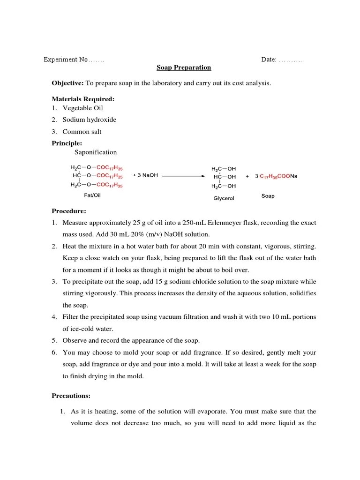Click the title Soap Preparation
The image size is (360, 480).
pos(184,67)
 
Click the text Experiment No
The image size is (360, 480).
pos(66,60)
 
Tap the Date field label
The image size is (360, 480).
pos(269,60)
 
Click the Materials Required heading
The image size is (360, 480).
pos(82,99)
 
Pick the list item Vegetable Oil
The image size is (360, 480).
pos(83,108)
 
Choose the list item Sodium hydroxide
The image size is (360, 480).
pos(90,120)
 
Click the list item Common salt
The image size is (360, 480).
pos(82,132)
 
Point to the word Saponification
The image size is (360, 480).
pos(96,152)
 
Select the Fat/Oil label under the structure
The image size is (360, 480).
pos(92,195)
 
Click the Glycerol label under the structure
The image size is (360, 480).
pos(224,198)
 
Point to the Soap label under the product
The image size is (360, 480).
pos(268,196)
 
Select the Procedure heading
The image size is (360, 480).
pos(68,211)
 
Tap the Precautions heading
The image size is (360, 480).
pos(71,396)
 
